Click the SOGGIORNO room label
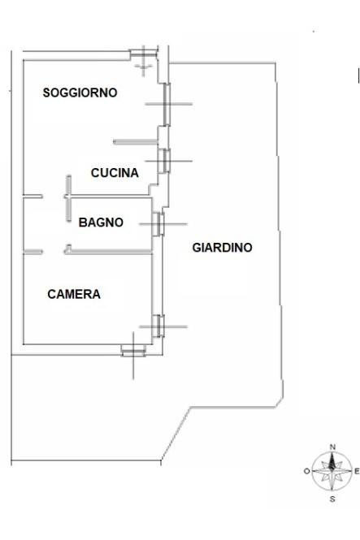pyautogui.click(x=80, y=93)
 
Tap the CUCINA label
pyautogui.click(x=115, y=172)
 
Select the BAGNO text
pyautogui.click(x=101, y=222)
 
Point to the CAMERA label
pyautogui.click(x=74, y=294)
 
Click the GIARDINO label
pyautogui.click(x=222, y=248)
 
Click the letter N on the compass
pyautogui.click(x=332, y=447)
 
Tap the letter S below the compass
pyautogui.click(x=332, y=499)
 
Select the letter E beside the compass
pyautogui.click(x=357, y=471)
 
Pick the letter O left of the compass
pyautogui.click(x=306, y=471)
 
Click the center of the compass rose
pyautogui.click(x=332, y=471)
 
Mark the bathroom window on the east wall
pyautogui.click(x=158, y=224)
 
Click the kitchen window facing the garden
pyautogui.click(x=164, y=161)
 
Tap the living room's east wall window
pyautogui.click(x=167, y=104)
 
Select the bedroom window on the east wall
pyautogui.click(x=158, y=326)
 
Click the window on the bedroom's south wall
pyautogui.click(x=133, y=351)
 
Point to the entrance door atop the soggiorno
pyautogui.click(x=143, y=54)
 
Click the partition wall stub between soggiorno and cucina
pyautogui.click(x=136, y=142)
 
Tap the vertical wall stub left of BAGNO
pyautogui.click(x=68, y=198)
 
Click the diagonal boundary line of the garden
pyautogui.click(x=176, y=434)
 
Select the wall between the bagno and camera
pyautogui.click(x=109, y=252)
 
